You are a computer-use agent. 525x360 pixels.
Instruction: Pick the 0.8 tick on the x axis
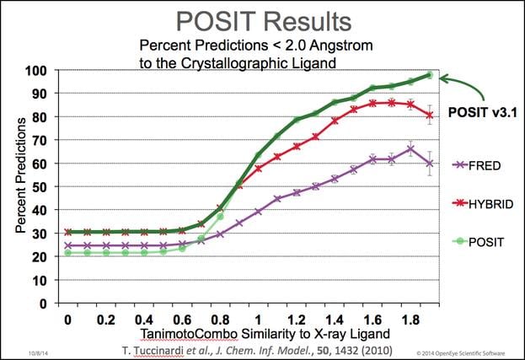coord(220,322)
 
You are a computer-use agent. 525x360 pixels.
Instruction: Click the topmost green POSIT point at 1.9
coord(430,75)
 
